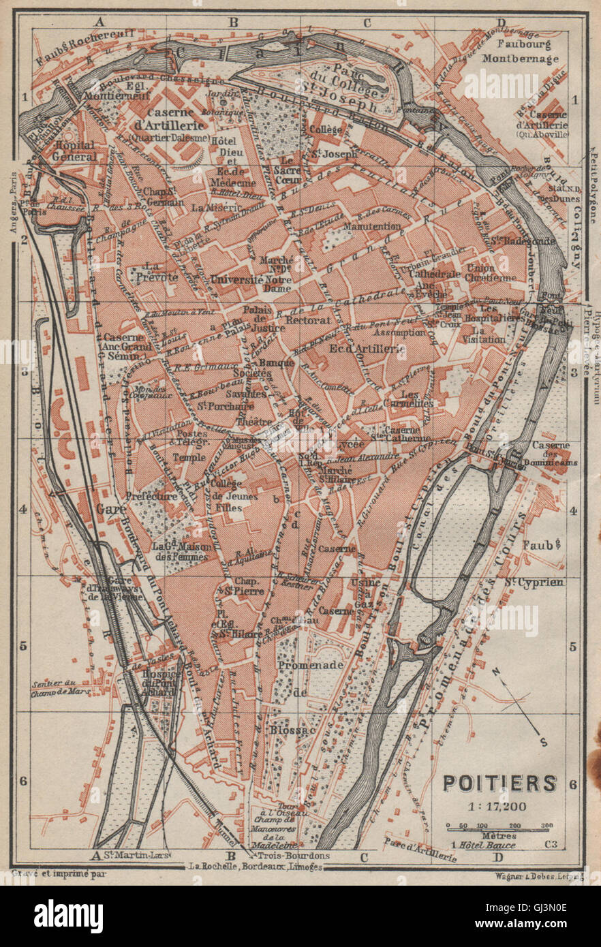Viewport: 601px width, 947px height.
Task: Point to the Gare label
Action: tap(108, 509)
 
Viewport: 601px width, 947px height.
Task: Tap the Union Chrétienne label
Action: tap(490, 273)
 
